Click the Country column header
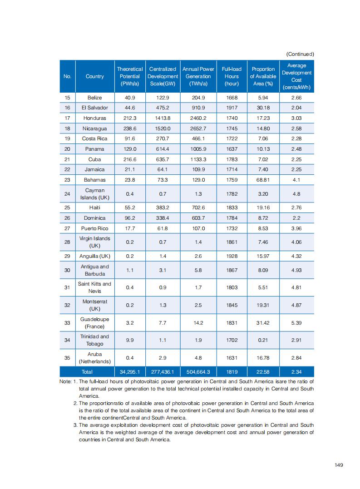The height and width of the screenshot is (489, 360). click(94, 76)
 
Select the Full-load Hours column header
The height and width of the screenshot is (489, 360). click(232, 76)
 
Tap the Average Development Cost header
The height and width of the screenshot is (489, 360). click(296, 76)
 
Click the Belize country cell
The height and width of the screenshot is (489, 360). click(94, 98)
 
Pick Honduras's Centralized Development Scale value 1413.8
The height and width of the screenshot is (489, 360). click(163, 118)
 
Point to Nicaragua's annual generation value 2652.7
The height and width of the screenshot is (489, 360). click(198, 128)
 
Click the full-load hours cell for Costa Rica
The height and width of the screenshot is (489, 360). click(232, 138)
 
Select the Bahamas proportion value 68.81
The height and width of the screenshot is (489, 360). click(263, 180)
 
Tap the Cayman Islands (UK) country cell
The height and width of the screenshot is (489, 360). click(94, 194)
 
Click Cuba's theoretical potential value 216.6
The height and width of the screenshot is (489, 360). click(130, 159)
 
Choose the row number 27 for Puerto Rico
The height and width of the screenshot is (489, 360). click(67, 228)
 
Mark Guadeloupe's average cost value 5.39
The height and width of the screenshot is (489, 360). click(296, 323)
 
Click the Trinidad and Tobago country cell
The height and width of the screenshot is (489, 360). click(94, 340)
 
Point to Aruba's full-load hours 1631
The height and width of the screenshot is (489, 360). click(232, 358)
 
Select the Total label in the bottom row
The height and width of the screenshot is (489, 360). click(87, 372)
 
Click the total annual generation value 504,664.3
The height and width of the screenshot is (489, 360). click(198, 372)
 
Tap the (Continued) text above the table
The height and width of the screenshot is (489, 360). click(300, 54)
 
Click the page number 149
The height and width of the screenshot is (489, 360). click(338, 465)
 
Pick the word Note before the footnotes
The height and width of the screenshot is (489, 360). click(65, 382)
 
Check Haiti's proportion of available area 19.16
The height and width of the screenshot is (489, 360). click(263, 207)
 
